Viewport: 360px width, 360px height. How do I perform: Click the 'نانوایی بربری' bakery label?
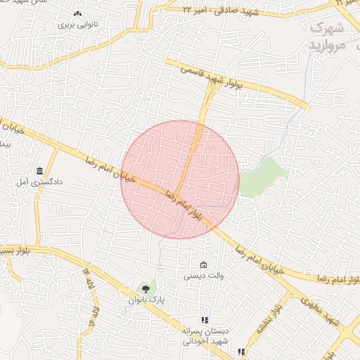tap(75, 24)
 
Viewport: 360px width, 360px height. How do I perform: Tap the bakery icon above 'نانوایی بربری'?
tap(77, 13)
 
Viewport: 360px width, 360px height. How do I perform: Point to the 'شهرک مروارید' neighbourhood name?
tap(327, 37)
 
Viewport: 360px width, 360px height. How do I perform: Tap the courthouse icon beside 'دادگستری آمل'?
tap(40, 171)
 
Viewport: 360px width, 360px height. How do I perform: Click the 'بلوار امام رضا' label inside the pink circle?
tap(185, 206)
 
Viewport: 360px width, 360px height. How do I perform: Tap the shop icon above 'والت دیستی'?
tap(203, 265)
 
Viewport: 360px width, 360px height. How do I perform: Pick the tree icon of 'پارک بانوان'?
tap(146, 288)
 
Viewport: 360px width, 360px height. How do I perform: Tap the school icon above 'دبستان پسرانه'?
tap(205, 320)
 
